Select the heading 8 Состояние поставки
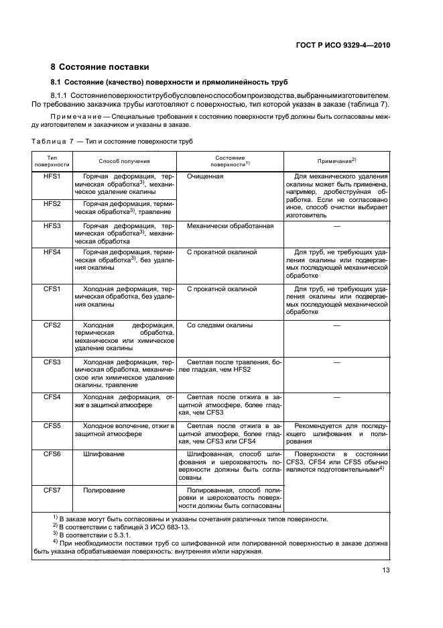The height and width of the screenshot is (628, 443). tap(100, 67)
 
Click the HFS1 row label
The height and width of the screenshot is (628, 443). tap(52, 176)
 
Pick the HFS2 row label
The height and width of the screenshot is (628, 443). tap(52, 203)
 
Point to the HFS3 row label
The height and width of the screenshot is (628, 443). tap(52, 226)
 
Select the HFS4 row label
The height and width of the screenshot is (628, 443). tap(52, 252)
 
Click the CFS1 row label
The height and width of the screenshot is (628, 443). tap(52, 289)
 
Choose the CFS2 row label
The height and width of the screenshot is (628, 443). tap(52, 325)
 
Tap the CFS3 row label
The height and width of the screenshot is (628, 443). tap(52, 362)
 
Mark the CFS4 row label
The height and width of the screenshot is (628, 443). tap(52, 397)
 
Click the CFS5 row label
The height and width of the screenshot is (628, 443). tap(52, 425)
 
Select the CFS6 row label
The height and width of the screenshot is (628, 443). tap(52, 454)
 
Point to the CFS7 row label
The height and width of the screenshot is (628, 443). tap(52, 490)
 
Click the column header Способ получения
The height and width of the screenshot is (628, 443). tap(124, 161)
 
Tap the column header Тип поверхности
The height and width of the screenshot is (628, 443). tap(52, 161)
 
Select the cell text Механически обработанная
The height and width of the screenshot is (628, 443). tap(230, 226)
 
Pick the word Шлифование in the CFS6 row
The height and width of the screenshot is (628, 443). tap(104, 454)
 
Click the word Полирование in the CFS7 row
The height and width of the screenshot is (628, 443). tap(104, 490)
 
